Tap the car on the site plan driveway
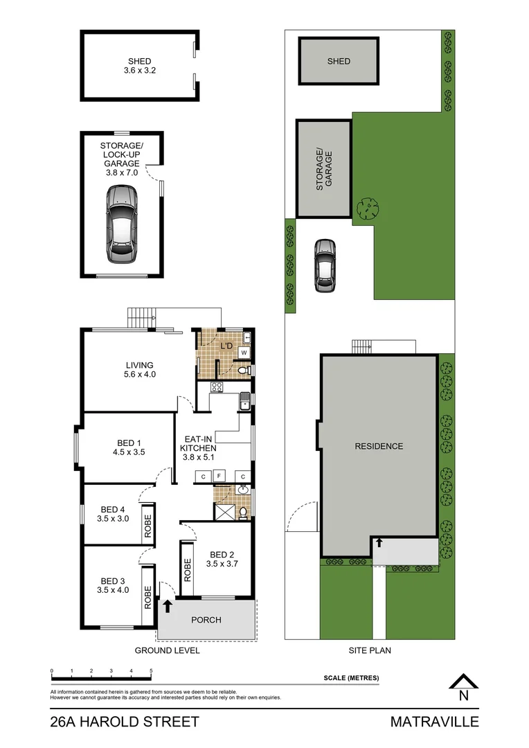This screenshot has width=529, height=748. pyautogui.click(x=324, y=265)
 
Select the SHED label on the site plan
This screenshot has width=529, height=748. pyautogui.click(x=339, y=61)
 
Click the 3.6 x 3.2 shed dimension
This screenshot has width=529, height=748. pyautogui.click(x=139, y=71)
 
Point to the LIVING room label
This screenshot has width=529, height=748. pyautogui.click(x=139, y=365)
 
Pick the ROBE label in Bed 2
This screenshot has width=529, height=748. pyautogui.click(x=186, y=569)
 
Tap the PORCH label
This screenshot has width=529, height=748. pyautogui.click(x=206, y=620)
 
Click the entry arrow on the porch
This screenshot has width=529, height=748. pyautogui.click(x=167, y=607)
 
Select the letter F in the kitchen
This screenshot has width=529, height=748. pyautogui.click(x=219, y=477)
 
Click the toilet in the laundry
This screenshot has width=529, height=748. pyautogui.click(x=242, y=371)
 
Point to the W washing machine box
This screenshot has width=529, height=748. pyautogui.click(x=243, y=353)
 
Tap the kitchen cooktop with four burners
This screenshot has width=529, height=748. pyautogui.click(x=216, y=387)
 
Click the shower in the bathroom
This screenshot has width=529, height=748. pyautogui.click(x=224, y=513)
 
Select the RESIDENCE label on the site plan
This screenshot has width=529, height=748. pyautogui.click(x=379, y=446)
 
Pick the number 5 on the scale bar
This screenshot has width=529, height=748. pyautogui.click(x=151, y=671)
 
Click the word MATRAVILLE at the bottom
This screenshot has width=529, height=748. pyautogui.click(x=434, y=722)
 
